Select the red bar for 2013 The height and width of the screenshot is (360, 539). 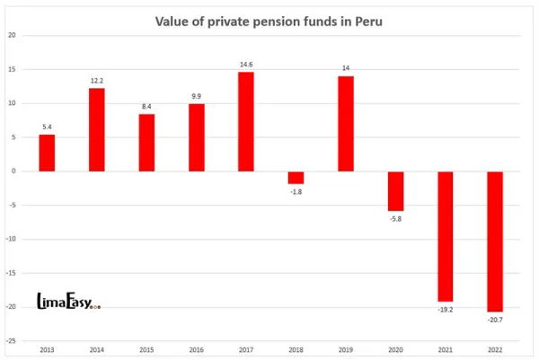tap(47, 153)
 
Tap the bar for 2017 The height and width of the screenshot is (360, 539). tap(245, 121)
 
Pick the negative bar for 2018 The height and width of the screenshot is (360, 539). tap(296, 177)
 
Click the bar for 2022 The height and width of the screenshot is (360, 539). tap(495, 241)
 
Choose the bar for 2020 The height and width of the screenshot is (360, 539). tap(395, 190)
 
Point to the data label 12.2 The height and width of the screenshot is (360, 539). tap(97, 81)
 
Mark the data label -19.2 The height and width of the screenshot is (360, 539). tap(445, 309)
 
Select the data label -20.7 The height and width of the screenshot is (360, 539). tap(495, 320)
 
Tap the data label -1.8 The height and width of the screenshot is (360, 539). tap(296, 191)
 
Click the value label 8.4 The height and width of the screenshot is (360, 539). tap(146, 107)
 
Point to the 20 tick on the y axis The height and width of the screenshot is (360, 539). tap(13, 35)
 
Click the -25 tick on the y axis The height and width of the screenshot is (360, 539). tap(12, 341)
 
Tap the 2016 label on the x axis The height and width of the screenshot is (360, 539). tap(196, 349)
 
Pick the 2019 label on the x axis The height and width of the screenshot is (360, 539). tap(346, 349)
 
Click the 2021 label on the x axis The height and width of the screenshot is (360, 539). tap(445, 349)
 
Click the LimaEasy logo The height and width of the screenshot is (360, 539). tap(68, 303)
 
